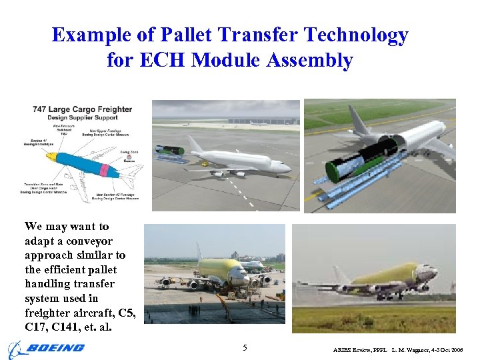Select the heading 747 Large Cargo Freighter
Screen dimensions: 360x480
pyautogui.click(x=82, y=109)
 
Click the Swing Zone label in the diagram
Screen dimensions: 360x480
pyautogui.click(x=129, y=152)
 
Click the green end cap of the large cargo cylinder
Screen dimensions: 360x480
pyautogui.click(x=334, y=171)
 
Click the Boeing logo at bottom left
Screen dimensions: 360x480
pyautogui.click(x=47, y=348)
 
